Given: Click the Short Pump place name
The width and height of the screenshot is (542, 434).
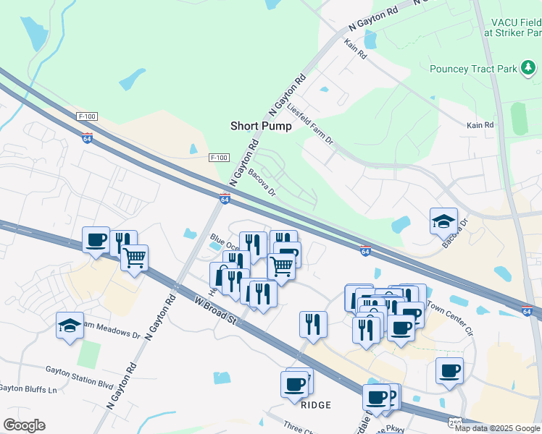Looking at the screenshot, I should pos(261,126).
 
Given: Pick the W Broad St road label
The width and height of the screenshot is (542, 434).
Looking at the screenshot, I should pos(217,310).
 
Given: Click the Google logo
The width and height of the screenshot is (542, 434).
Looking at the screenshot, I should pos(24,425).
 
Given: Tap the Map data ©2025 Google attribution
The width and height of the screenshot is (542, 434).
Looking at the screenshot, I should pos(498,428).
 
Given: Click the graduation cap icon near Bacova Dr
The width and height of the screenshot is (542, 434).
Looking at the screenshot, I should pos(443,221).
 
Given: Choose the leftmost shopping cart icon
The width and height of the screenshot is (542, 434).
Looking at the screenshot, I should pos(135,256).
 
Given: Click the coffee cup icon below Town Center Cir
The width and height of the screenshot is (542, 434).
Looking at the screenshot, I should pos(449,371).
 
